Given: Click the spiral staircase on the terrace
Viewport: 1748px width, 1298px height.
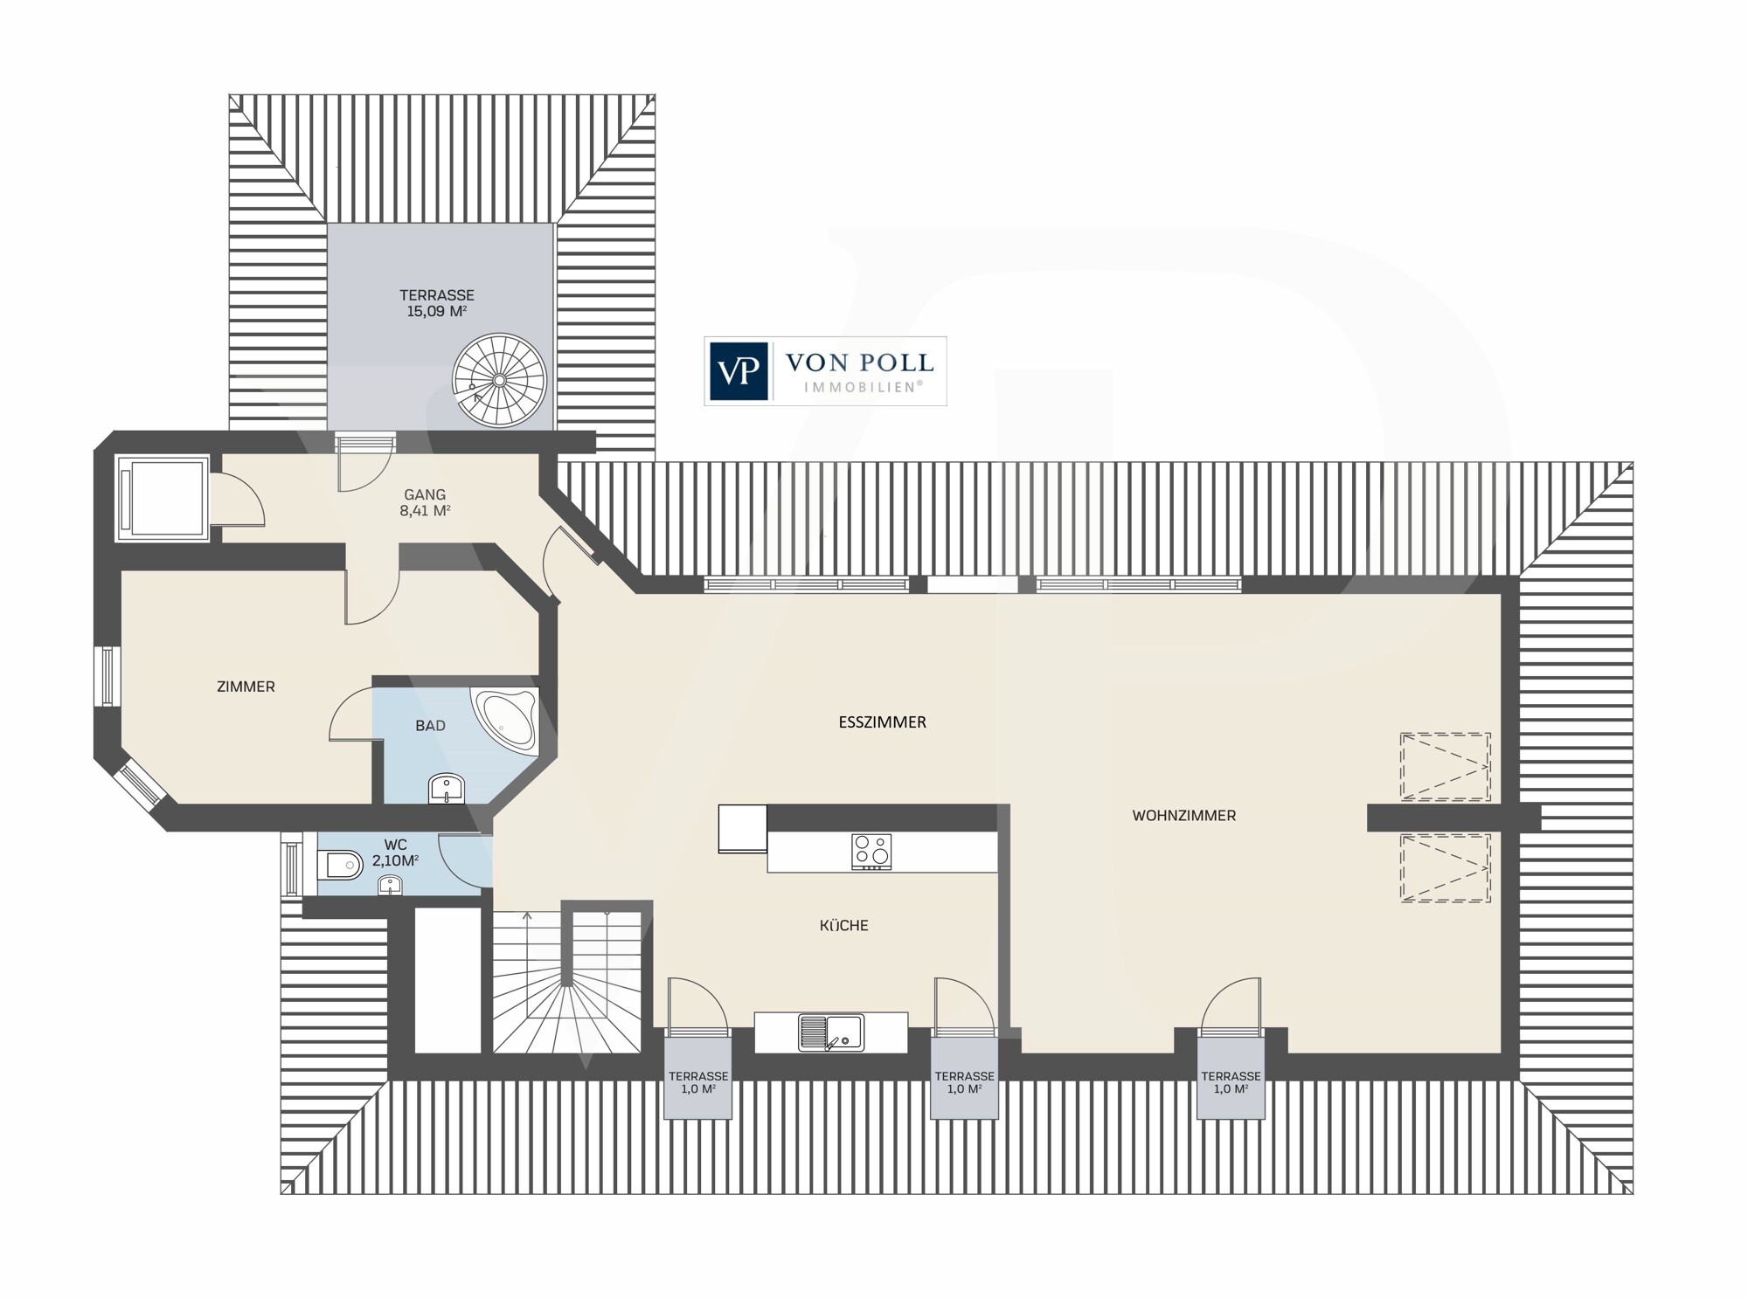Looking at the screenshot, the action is pos(499,380).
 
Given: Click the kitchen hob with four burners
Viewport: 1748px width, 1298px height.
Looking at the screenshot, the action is pos(871,852).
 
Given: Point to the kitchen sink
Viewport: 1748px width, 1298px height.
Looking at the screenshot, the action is pos(830,1032).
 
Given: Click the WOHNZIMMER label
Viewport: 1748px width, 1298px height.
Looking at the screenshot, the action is pos(1183,816).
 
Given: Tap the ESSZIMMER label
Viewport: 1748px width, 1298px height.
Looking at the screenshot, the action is pos(882,722).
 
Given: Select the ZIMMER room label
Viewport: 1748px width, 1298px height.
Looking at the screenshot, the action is pos(246,687).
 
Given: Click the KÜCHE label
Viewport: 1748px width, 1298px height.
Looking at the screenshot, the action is pos(844,925).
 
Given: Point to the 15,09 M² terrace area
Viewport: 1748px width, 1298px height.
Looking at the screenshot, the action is pos(436,311).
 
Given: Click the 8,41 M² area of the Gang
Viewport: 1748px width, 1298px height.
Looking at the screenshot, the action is pos(425,511).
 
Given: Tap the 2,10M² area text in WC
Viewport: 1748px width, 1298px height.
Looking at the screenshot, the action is pos(396,860).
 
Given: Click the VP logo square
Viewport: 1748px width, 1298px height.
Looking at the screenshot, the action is pos(738,371).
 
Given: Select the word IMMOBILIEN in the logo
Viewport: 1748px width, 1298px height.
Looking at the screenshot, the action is pos(859,386).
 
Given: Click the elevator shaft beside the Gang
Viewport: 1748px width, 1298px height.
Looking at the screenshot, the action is pos(162,497).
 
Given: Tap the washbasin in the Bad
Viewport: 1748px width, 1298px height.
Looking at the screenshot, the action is pos(448,790).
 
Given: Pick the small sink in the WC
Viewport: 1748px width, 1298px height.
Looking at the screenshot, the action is pos(390,887).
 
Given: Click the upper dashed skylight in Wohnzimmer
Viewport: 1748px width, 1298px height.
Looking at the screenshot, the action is pos(1445,767).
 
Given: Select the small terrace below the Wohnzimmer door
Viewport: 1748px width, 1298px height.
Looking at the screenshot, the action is pos(1231,1078).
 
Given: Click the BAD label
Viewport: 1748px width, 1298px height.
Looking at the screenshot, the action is pos(430,726).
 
